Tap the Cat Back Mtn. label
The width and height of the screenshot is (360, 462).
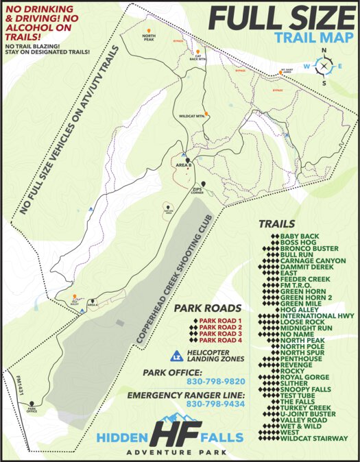tap(197, 58)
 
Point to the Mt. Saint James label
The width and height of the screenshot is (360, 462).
tap(288, 69)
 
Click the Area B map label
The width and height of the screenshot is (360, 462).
tap(182, 166)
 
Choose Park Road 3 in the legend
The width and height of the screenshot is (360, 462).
tap(221, 334)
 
